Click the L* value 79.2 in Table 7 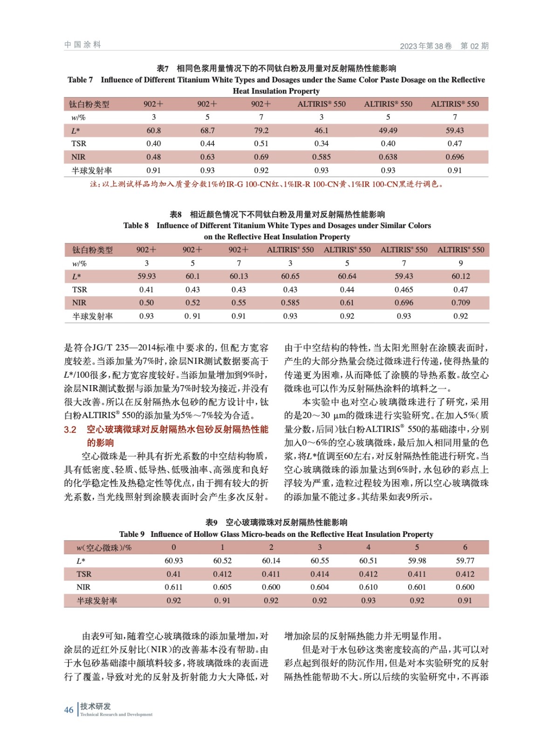(261, 130)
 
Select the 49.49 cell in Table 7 (388, 130)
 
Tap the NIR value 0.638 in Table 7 (388, 157)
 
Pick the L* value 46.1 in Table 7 (321, 130)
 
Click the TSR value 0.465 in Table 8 (403, 290)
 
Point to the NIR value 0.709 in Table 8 (460, 303)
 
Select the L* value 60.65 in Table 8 (290, 276)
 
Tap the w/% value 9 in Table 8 (460, 263)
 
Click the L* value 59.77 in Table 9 (464, 561)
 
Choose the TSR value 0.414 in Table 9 (320, 574)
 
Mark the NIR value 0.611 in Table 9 (173, 587)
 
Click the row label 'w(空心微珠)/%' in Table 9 (104, 548)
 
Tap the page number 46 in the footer (68, 710)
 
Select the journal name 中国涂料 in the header (82, 45)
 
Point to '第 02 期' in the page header (474, 46)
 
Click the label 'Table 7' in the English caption (80, 80)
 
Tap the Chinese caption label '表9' (212, 522)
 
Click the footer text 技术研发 (96, 706)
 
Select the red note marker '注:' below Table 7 (96, 184)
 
